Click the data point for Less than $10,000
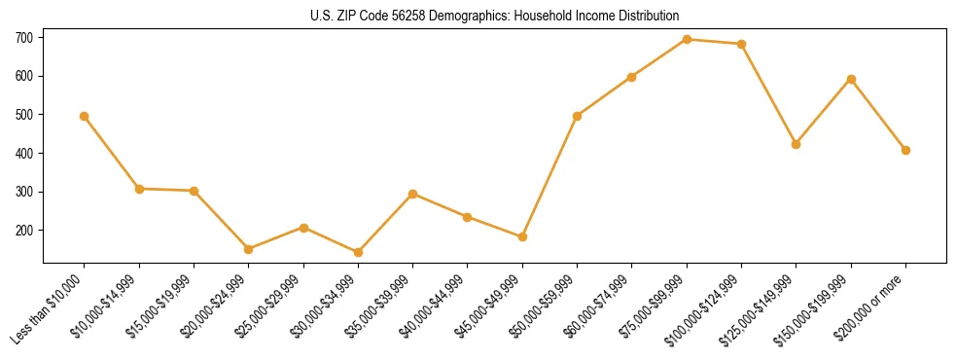point(85,116)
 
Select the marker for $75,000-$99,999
point(687,40)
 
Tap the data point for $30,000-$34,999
point(358,252)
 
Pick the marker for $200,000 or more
point(905,150)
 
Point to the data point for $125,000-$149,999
point(797,144)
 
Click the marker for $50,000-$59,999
point(578,116)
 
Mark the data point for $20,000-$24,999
point(249,249)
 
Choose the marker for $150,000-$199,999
point(851,79)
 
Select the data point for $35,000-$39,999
point(413,194)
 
